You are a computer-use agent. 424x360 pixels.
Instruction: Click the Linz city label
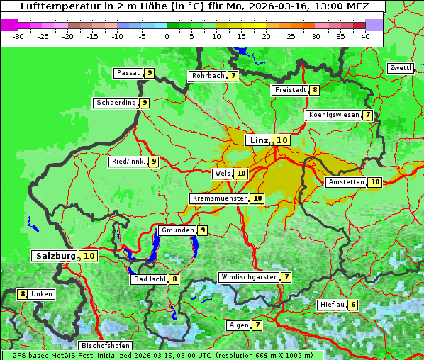pyautogui.click(x=258, y=140)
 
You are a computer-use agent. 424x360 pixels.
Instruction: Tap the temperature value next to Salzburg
pyautogui.click(x=89, y=256)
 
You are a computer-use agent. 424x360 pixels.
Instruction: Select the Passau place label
pyautogui.click(x=129, y=73)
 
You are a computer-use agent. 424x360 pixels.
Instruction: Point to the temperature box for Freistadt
pyautogui.click(x=314, y=90)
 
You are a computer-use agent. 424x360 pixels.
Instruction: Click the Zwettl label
pyautogui.click(x=400, y=68)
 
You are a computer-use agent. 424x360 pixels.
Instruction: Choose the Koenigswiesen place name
pyautogui.click(x=333, y=115)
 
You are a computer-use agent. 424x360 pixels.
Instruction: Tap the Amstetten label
pyautogui.click(x=346, y=182)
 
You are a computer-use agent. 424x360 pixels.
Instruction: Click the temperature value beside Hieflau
pyautogui.click(x=353, y=305)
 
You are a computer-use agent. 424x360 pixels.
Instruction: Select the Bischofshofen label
pyautogui.click(x=106, y=346)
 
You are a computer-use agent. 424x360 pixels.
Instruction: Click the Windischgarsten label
pyautogui.click(x=249, y=277)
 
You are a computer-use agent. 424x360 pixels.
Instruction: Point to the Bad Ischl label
pyautogui.click(x=149, y=279)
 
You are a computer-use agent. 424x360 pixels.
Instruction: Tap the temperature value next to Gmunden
pyautogui.click(x=202, y=230)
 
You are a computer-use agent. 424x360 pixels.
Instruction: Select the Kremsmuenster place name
pyautogui.click(x=219, y=198)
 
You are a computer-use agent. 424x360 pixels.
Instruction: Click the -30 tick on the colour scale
pyautogui.click(x=18, y=35)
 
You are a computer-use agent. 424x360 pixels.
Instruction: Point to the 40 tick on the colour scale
pyautogui.click(x=365, y=35)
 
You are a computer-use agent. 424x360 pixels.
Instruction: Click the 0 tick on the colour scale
pyautogui.click(x=167, y=35)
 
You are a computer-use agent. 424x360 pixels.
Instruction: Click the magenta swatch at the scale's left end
pyautogui.click(x=9, y=25)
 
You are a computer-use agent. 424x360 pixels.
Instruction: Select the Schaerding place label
pyautogui.click(x=116, y=103)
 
